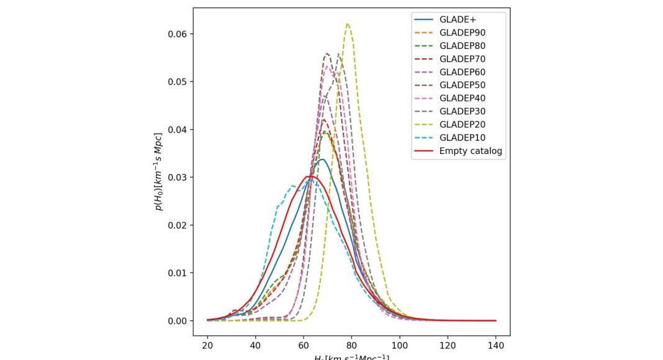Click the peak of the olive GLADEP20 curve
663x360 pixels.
click(x=348, y=24)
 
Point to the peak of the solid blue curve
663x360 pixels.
click(x=322, y=160)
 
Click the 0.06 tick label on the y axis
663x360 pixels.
click(x=177, y=34)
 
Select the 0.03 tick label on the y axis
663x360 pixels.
click(x=177, y=177)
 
